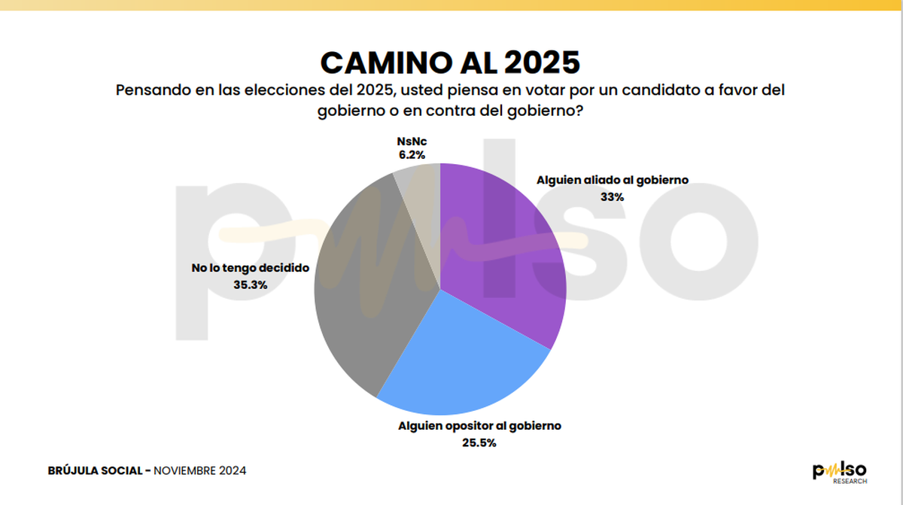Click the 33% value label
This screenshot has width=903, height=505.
(612, 197)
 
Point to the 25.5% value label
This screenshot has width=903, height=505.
(479, 443)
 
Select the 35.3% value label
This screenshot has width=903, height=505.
(251, 284)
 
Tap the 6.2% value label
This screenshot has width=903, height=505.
(412, 155)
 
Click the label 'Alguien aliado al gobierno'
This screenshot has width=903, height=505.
(613, 181)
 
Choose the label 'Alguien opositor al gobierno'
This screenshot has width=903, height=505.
(479, 426)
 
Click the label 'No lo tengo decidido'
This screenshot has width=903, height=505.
(251, 268)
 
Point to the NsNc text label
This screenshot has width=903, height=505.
(412, 141)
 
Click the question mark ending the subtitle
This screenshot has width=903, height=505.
(581, 111)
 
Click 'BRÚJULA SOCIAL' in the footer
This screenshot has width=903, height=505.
(94, 470)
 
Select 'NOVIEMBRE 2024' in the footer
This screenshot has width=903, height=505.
(200, 470)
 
